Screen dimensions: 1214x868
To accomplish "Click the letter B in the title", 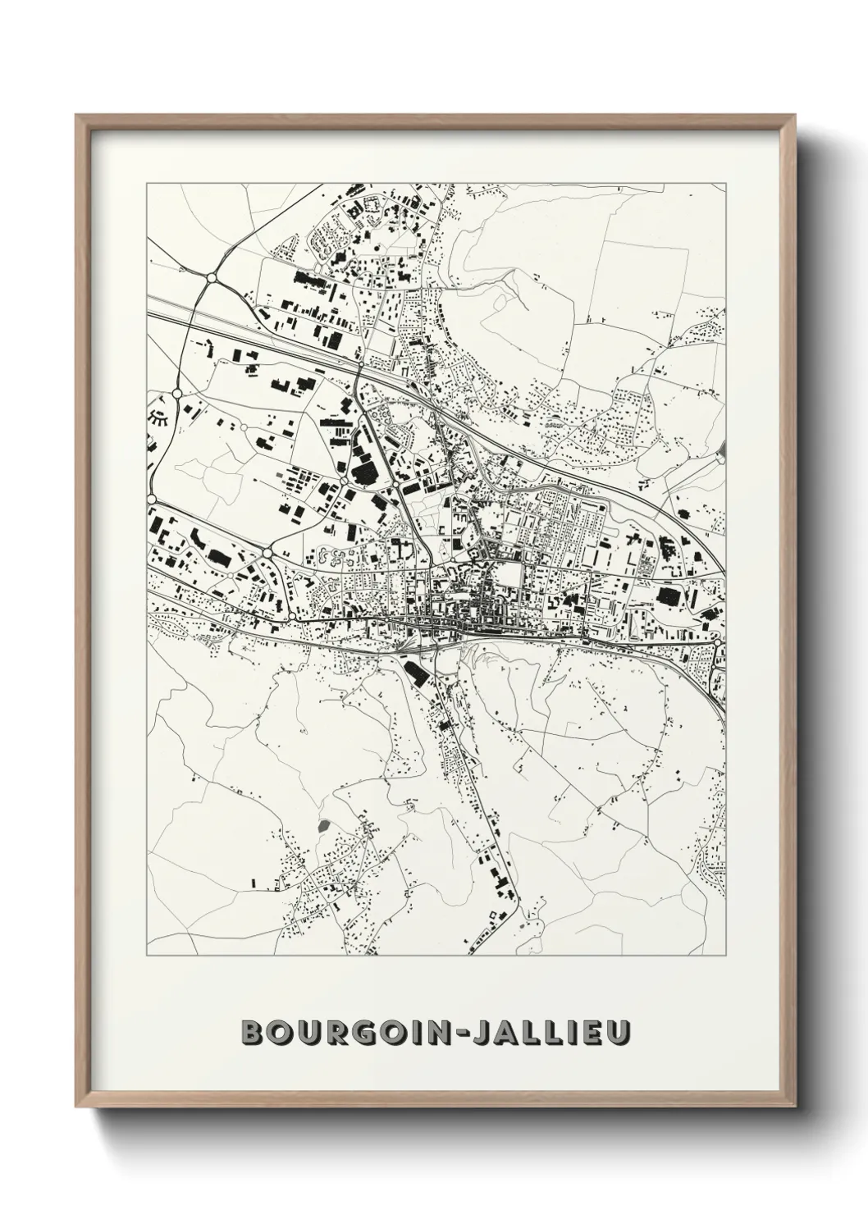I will (251, 1033).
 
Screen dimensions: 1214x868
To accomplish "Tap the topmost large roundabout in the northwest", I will (211, 279).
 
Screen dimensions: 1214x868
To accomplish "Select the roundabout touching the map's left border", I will (152, 499).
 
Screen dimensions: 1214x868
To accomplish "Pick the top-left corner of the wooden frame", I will (77, 115).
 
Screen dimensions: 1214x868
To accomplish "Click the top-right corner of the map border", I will (725, 184).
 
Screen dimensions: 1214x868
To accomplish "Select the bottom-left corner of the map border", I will (147, 956).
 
